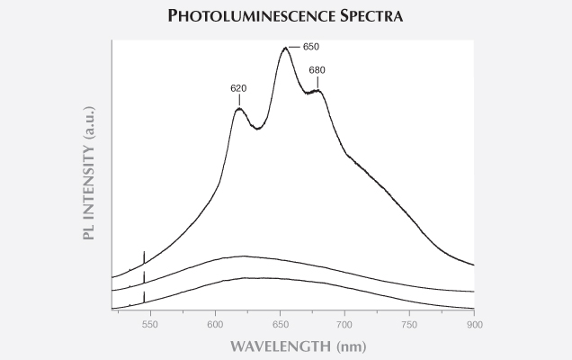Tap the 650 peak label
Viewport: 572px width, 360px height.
(x=310, y=46)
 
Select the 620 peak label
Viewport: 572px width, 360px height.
(x=238, y=88)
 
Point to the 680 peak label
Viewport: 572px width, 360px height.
(x=317, y=70)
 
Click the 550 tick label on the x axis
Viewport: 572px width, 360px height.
(x=150, y=323)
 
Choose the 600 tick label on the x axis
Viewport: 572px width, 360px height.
(x=215, y=323)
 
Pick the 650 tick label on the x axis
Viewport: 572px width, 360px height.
(x=280, y=323)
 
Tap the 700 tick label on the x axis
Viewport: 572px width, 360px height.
(x=344, y=323)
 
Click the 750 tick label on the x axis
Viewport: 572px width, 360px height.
(x=409, y=323)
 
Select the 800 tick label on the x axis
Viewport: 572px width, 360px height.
(x=474, y=323)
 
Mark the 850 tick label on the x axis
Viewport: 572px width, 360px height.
(x=539, y=323)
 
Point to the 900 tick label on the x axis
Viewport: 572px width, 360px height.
(x=474, y=323)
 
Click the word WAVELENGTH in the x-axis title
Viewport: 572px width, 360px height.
(x=275, y=346)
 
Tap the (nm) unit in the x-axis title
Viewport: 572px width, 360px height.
(x=347, y=346)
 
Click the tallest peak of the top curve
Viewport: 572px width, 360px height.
(x=285, y=49)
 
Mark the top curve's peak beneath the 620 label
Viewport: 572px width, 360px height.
(x=239, y=109)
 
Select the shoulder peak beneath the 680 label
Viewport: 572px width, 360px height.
(x=317, y=90)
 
